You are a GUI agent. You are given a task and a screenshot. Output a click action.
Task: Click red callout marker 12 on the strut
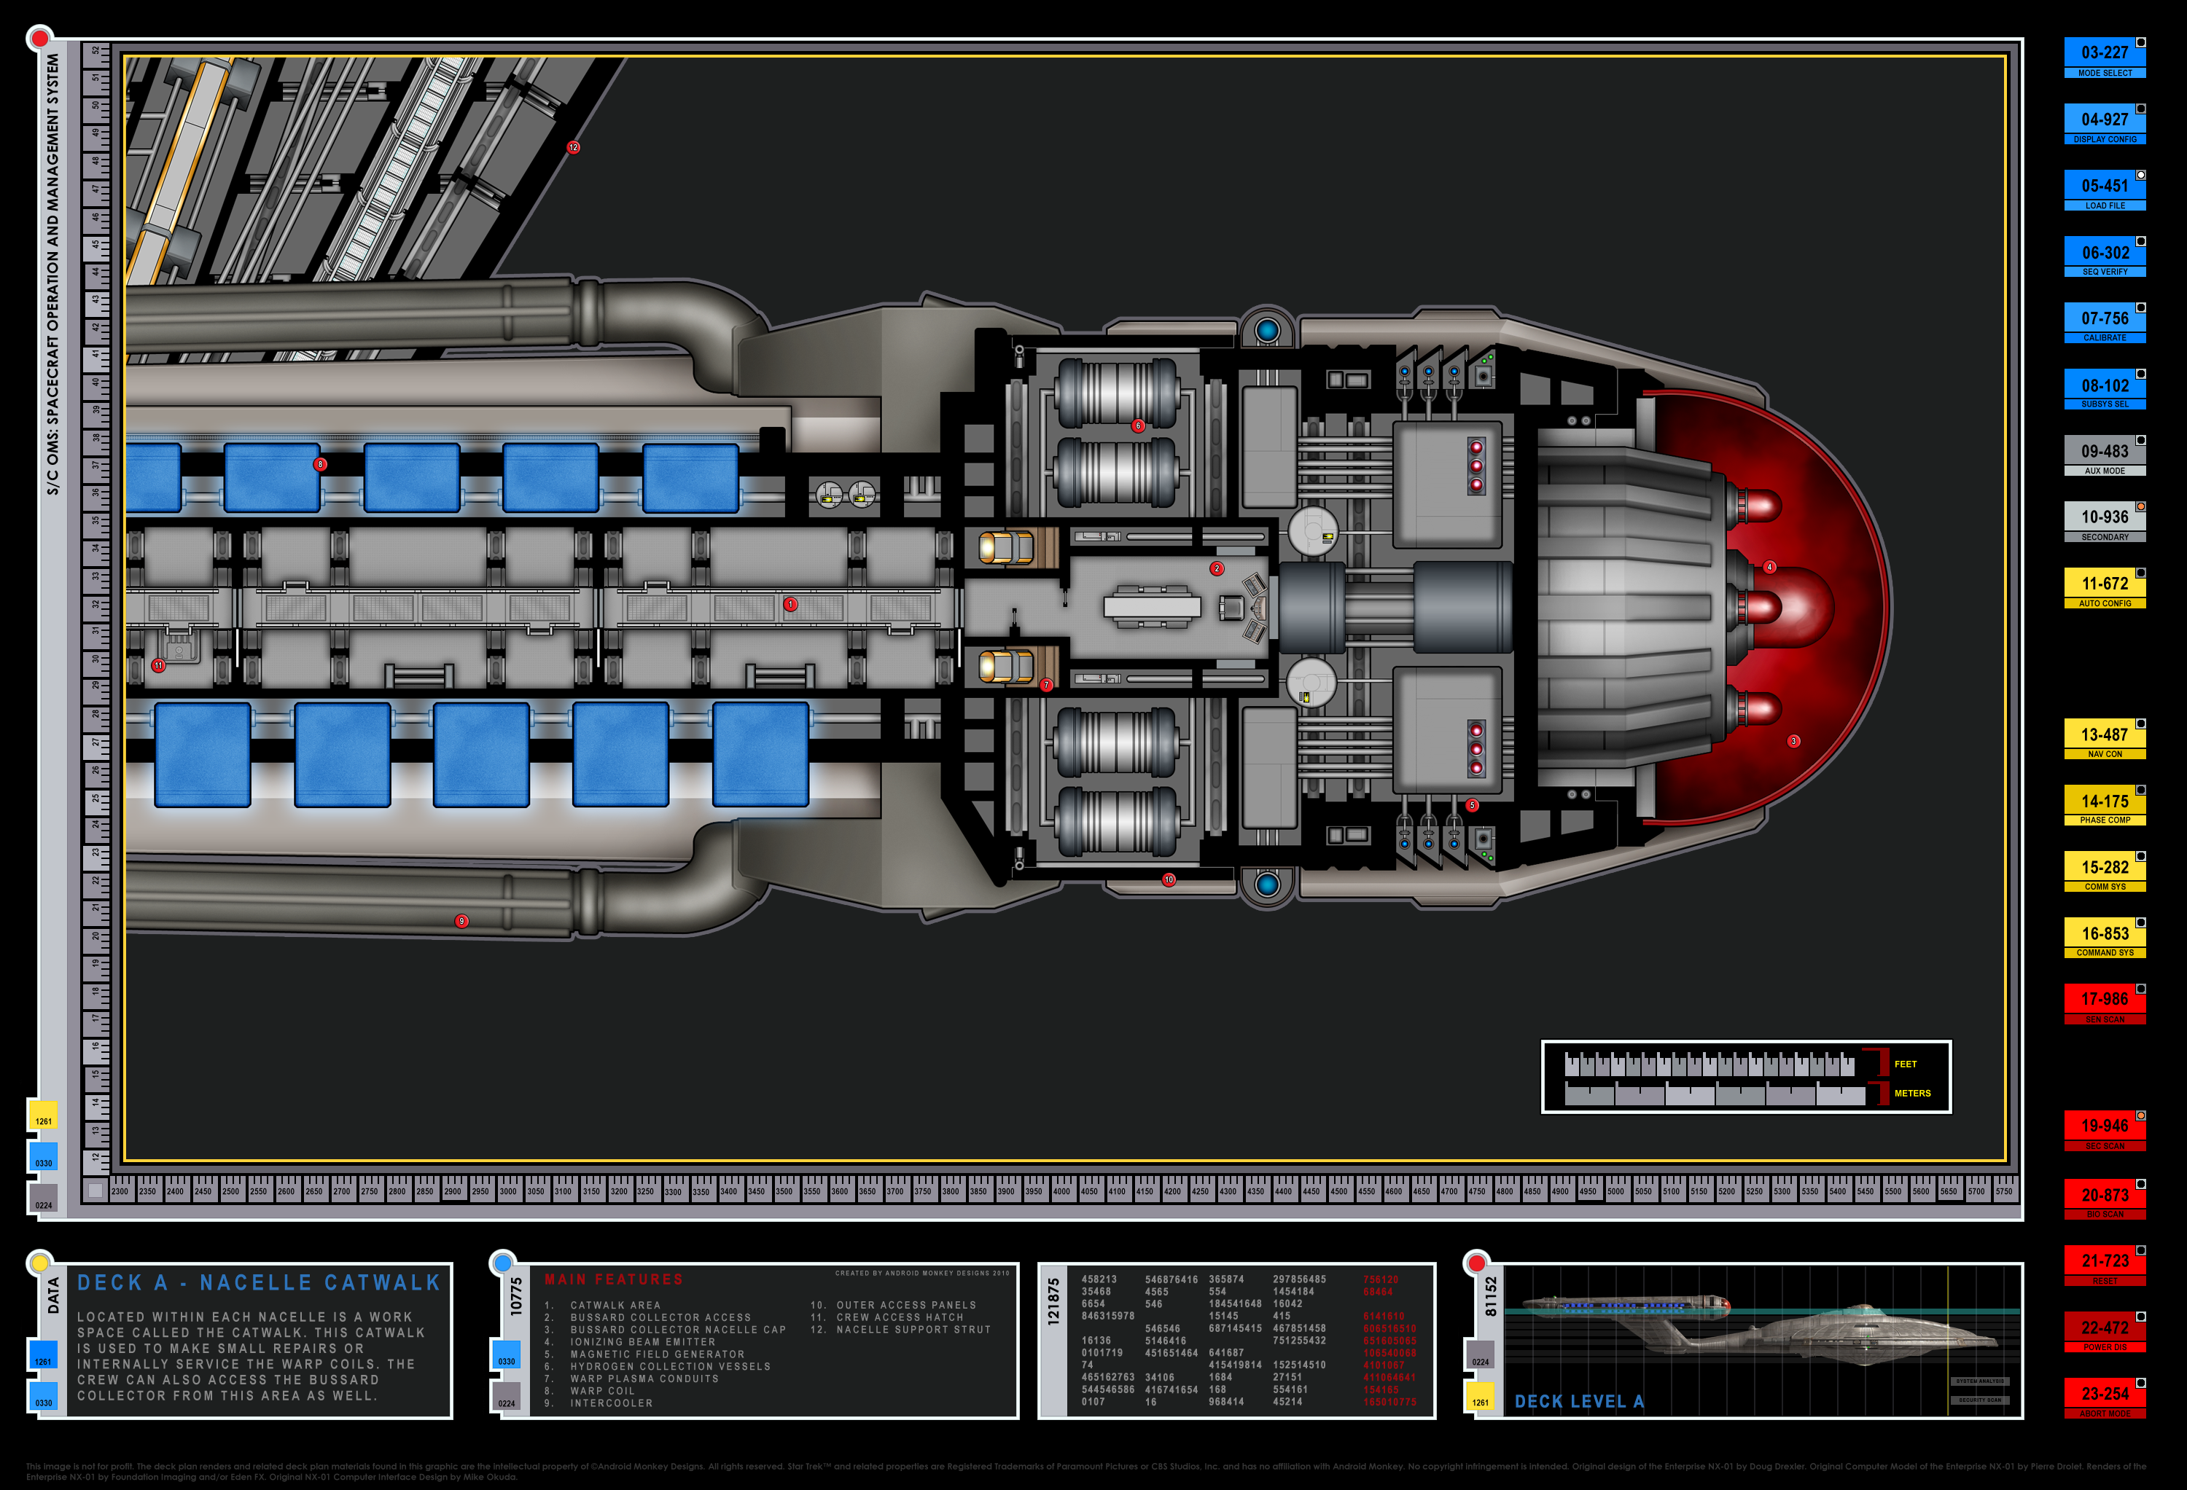573,148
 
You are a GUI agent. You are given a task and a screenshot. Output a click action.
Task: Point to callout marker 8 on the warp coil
320,465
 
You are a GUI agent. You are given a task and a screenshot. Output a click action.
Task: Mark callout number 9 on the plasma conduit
461,921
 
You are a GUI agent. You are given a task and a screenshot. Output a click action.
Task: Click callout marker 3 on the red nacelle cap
1793,741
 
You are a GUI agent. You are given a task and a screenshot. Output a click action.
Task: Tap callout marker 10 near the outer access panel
1168,879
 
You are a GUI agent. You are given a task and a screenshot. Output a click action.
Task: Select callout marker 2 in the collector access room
1216,568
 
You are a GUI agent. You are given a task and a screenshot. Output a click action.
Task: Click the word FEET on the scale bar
1905,1064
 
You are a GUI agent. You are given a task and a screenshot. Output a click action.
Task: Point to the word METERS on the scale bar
1911,1093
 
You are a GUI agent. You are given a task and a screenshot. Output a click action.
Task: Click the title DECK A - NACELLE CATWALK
259,1283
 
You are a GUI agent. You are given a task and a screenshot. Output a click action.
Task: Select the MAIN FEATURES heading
614,1279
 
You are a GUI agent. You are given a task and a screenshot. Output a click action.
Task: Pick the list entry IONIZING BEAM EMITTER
643,1342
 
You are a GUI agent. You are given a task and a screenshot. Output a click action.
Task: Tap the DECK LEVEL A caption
1578,1402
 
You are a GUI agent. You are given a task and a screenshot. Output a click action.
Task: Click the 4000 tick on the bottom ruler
1061,1191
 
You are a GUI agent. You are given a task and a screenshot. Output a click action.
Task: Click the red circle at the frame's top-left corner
39,39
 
